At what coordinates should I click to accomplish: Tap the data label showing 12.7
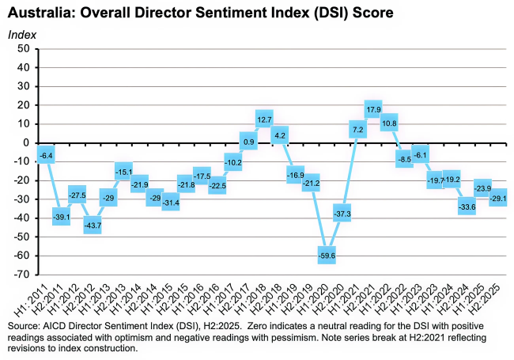pyautogui.click(x=264, y=119)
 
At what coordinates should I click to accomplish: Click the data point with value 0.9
pyautogui.click(x=248, y=142)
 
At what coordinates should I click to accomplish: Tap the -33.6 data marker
pyautogui.click(x=466, y=207)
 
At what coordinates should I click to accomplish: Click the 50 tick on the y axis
pyautogui.click(x=23, y=49)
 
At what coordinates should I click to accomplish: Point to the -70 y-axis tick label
pyautogui.click(x=21, y=275)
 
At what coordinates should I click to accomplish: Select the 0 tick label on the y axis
pyautogui.click(x=26, y=143)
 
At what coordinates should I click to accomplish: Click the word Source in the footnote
pyautogui.click(x=23, y=326)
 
